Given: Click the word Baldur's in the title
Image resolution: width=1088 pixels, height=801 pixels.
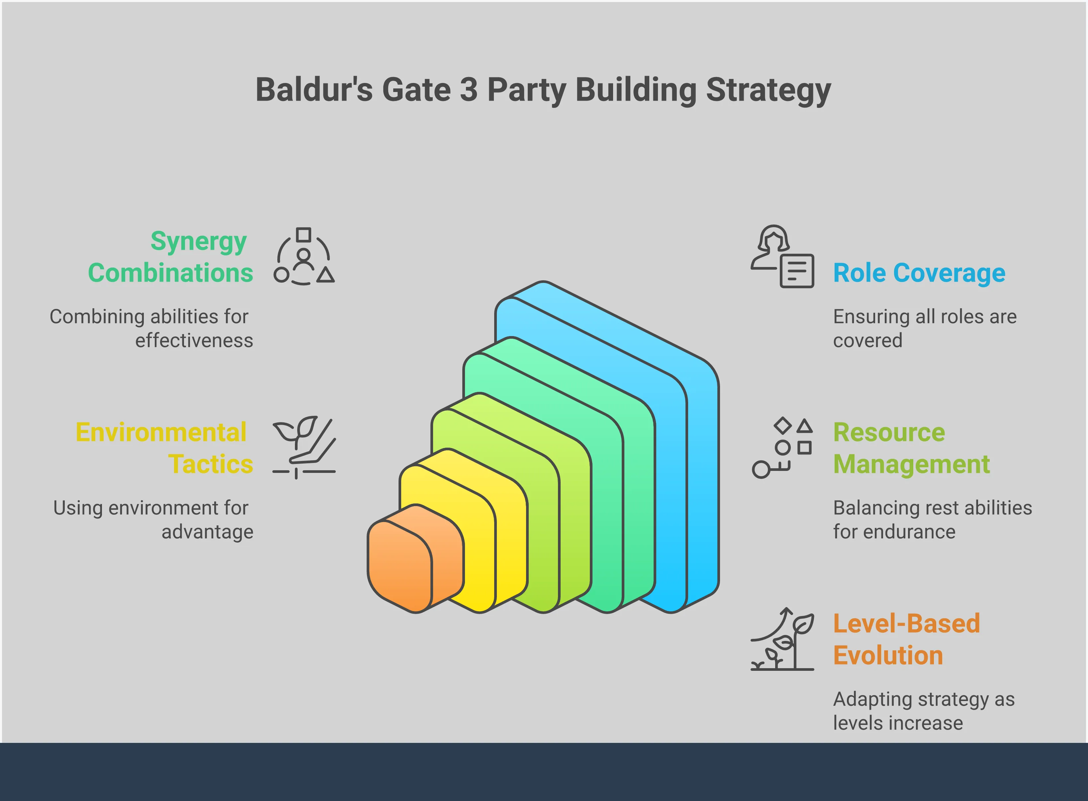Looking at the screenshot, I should pos(314,90).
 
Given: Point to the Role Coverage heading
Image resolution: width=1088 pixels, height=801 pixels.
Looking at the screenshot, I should pos(919,273).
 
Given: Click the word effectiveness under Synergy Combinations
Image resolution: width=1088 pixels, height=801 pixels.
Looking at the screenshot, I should pos(194,341).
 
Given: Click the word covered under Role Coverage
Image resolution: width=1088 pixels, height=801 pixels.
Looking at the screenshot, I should pos(867,341).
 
